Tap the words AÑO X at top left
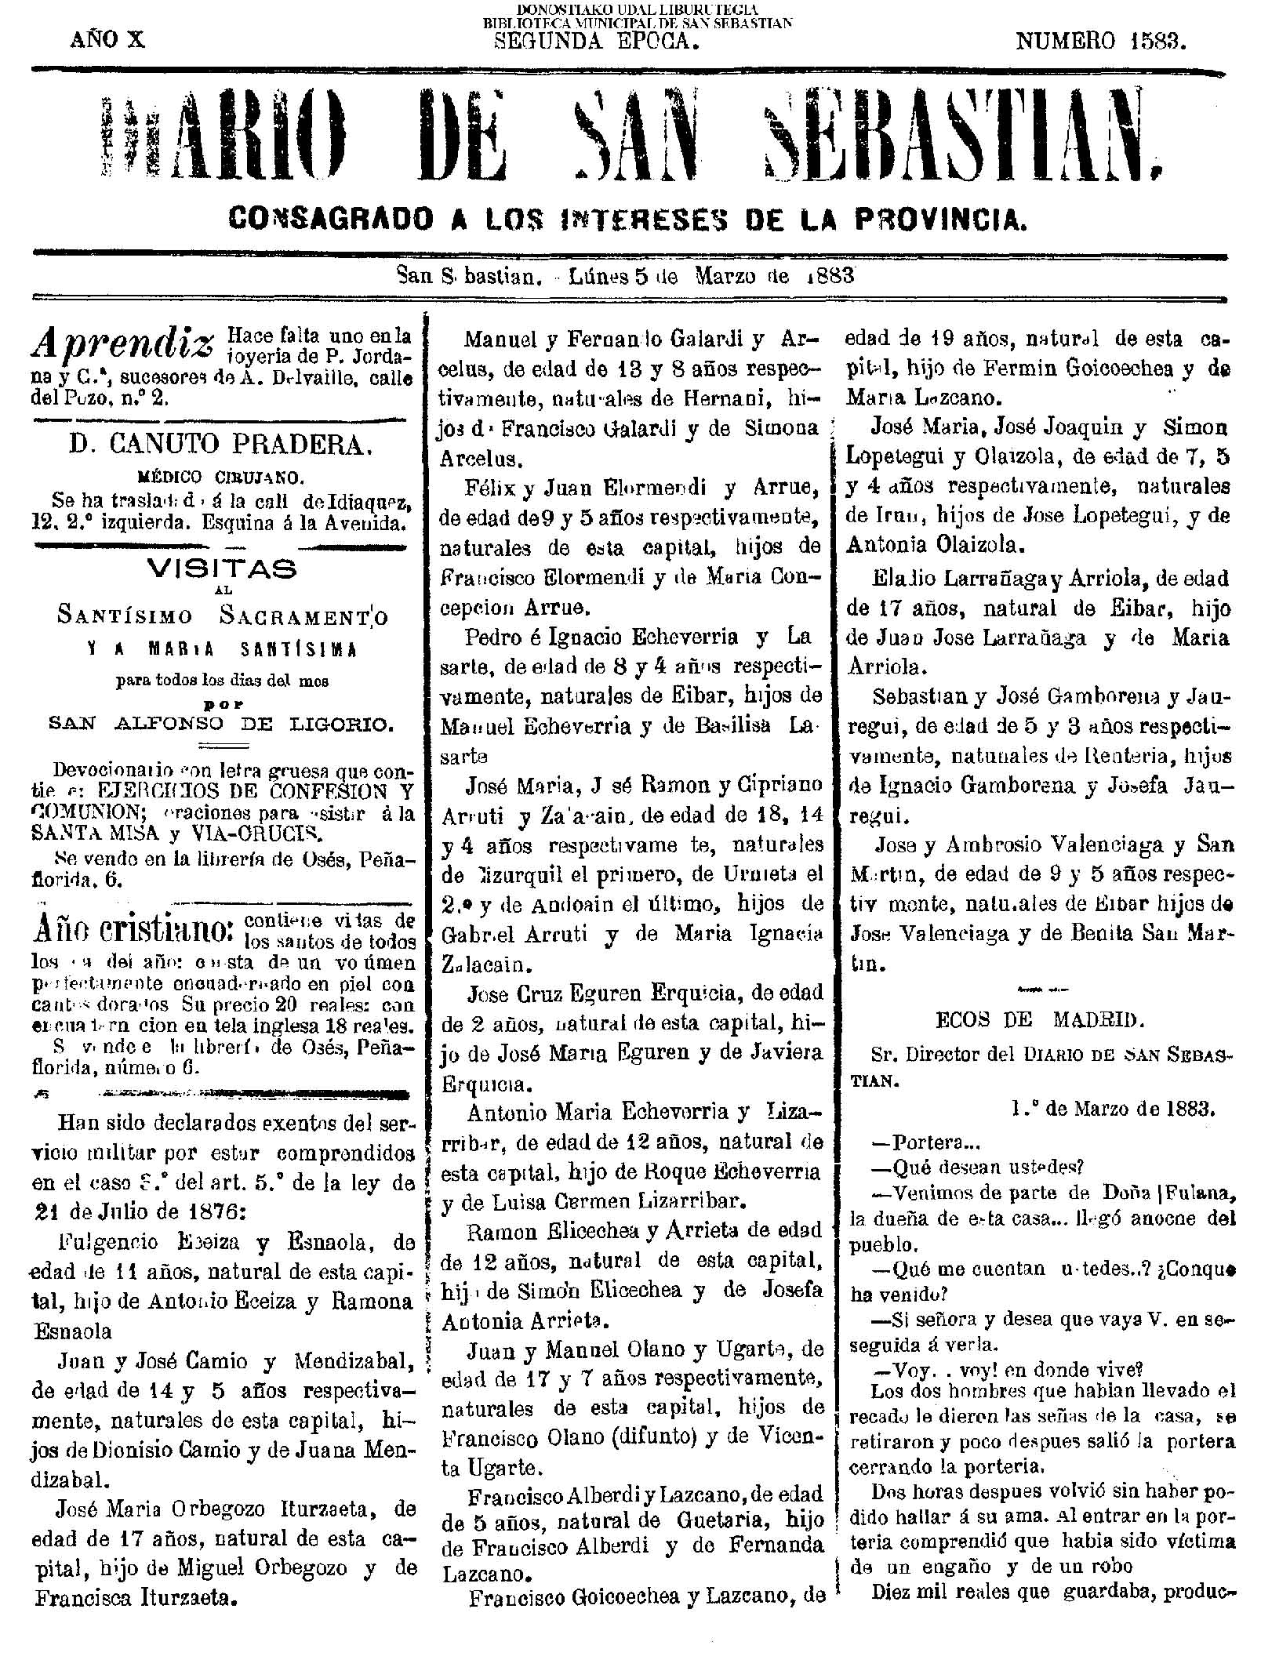click(x=107, y=40)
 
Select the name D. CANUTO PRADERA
click(x=220, y=445)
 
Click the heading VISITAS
click(x=223, y=569)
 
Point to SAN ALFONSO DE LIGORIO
click(x=220, y=725)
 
